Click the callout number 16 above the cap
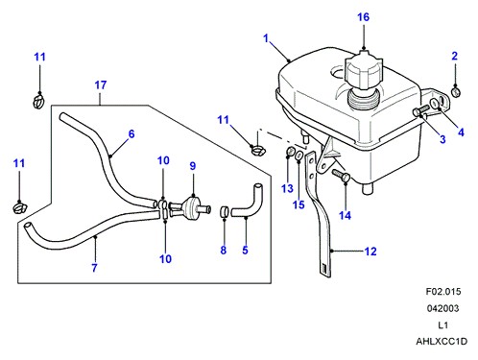tap(363, 17)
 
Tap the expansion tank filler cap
tap(364, 69)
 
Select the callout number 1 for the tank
tap(266, 38)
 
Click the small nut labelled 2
tap(455, 92)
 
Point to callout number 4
tap(461, 132)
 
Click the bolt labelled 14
tap(342, 176)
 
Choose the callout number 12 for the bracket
tap(370, 252)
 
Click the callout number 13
tap(287, 188)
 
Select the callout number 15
tap(299, 204)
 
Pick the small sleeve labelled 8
tap(225, 211)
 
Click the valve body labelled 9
tap(191, 207)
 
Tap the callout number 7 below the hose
tap(94, 268)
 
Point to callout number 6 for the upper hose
tap(131, 133)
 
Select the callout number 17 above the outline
tap(101, 85)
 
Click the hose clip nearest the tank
tap(256, 150)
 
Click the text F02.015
tap(443, 292)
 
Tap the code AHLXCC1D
tap(442, 342)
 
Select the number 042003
tap(443, 308)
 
